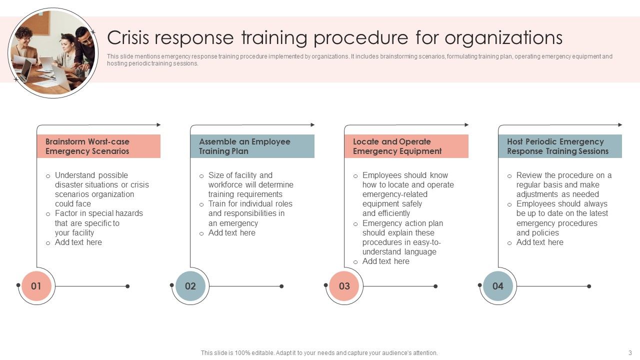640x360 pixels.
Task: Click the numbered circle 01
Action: pos(36,286)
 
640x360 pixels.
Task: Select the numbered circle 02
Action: pos(190,286)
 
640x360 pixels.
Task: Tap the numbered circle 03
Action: pos(344,286)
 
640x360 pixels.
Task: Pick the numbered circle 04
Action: pos(498,286)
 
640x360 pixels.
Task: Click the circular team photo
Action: pos(53,52)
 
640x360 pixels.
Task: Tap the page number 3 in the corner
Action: pos(630,352)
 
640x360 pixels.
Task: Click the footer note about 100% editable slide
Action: pos(319,352)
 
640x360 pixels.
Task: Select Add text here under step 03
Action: pos(385,261)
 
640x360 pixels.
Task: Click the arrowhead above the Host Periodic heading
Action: pos(620,124)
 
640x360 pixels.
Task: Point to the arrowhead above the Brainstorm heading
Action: pos(159,124)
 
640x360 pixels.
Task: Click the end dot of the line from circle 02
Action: pos(281,286)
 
